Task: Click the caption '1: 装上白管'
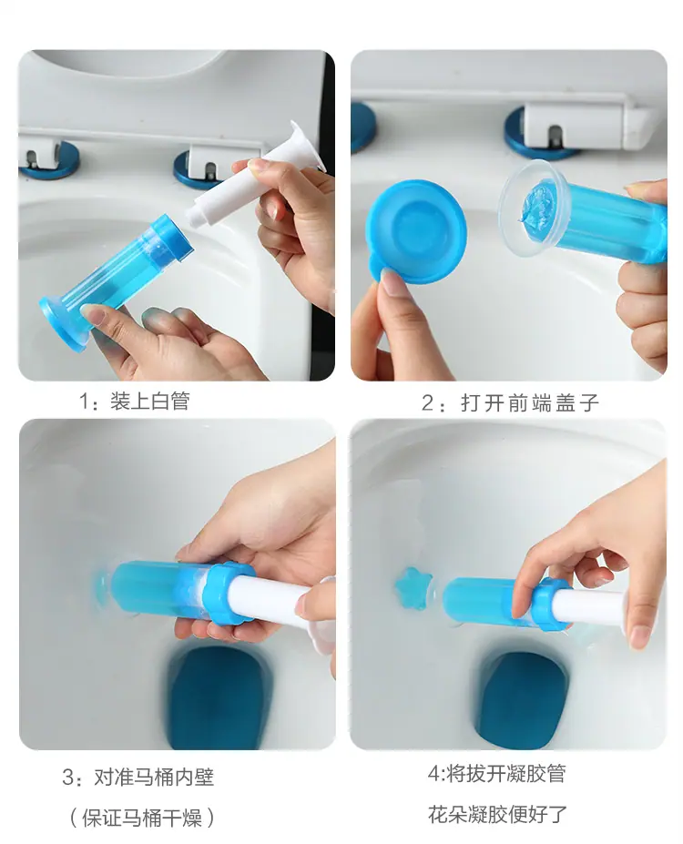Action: point(135,401)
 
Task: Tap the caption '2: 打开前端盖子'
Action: point(510,402)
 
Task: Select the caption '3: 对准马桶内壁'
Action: point(138,777)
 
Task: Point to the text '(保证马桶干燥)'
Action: point(142,818)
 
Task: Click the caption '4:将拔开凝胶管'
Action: point(497,774)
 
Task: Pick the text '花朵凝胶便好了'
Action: point(497,814)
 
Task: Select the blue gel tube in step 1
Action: point(116,282)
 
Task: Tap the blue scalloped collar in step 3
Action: point(228,594)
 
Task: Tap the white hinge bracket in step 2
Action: point(590,126)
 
